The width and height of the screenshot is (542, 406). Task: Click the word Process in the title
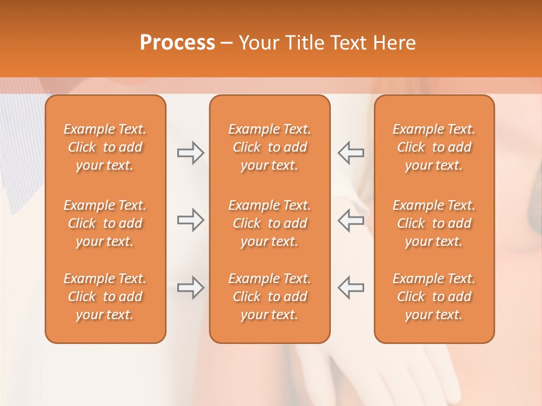(177, 43)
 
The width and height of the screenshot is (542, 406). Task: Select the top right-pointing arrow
(190, 152)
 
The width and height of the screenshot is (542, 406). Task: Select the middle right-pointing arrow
(190, 220)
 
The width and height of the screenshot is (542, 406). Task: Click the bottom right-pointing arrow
(190, 288)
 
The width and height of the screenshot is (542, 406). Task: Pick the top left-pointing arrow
(351, 152)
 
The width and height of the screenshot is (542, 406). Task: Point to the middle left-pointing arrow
(351, 220)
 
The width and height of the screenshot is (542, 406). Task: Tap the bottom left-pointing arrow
(351, 288)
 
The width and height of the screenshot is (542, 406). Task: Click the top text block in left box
(105, 147)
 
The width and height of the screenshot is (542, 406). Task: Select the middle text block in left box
(105, 223)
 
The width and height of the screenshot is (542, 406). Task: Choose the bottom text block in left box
(105, 297)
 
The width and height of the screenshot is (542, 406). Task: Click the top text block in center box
(270, 147)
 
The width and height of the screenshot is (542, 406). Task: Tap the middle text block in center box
(270, 223)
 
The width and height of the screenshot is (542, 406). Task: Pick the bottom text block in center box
(270, 297)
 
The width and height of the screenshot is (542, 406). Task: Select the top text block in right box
(434, 147)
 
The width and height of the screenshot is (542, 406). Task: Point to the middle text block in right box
(434, 223)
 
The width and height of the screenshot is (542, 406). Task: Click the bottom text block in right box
(434, 297)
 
